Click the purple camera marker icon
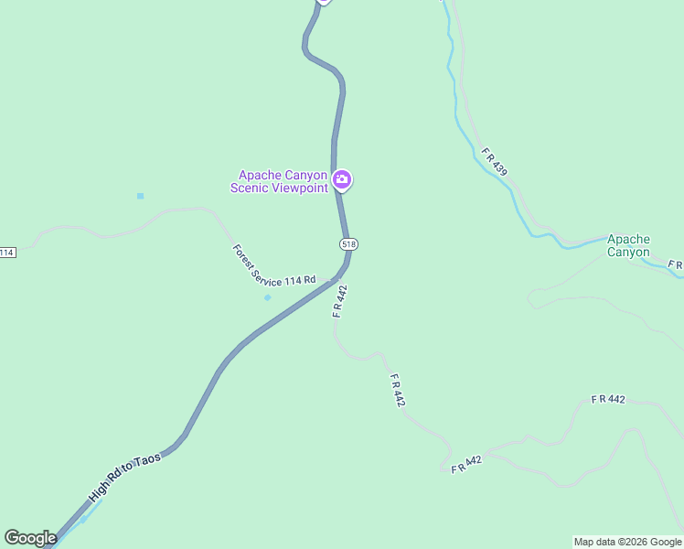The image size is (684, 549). click(x=342, y=179)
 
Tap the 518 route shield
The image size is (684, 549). click(x=347, y=243)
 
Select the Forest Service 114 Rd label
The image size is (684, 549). click(x=273, y=266)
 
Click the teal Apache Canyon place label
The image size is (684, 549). click(x=628, y=245)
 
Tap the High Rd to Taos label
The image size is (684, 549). click(x=124, y=476)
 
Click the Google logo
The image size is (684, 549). click(x=30, y=538)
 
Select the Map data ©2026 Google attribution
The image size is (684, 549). click(x=627, y=542)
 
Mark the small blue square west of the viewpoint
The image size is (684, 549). click(x=140, y=196)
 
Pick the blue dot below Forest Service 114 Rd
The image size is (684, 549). click(x=267, y=297)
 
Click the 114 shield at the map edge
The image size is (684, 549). click(x=7, y=252)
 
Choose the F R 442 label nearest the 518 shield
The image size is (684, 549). click(x=340, y=301)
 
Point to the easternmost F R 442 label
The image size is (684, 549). click(x=608, y=399)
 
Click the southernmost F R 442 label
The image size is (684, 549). click(x=466, y=465)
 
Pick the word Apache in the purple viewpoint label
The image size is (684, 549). click(x=259, y=175)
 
